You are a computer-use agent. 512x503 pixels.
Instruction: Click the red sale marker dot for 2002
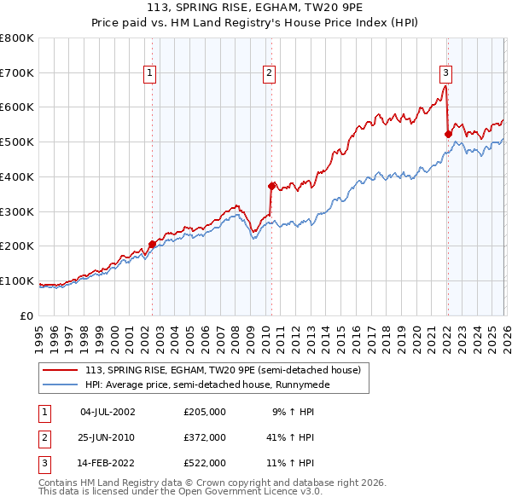coord(153,244)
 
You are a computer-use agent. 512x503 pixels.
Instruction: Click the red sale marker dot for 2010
coord(271,185)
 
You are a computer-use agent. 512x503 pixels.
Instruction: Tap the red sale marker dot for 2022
coord(448,133)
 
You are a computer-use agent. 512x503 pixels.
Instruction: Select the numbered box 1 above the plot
coord(150,74)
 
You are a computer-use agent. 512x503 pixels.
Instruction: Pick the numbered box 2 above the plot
coord(269,74)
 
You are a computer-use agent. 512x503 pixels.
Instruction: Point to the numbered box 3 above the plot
coord(445,74)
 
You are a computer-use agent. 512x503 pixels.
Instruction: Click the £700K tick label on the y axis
coord(16,73)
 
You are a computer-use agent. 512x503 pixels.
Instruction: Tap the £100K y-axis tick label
coord(16,281)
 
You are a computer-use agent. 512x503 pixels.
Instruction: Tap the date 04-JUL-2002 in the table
coord(108,412)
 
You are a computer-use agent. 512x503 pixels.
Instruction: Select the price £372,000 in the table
coord(205,437)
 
